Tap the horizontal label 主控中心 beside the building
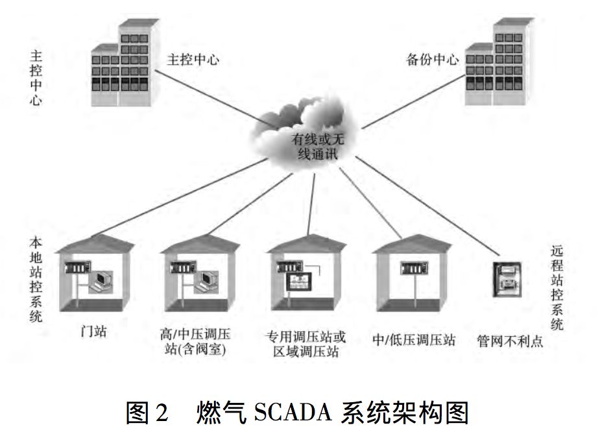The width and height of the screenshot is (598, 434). coord(193,60)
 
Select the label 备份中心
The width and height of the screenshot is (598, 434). coord(432,60)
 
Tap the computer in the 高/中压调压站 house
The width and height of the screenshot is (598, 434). coord(208,281)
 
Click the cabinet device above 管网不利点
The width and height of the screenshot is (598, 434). coord(507,280)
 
